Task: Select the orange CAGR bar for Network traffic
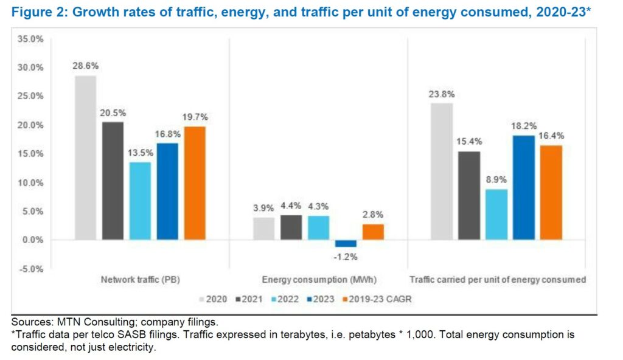(x=195, y=182)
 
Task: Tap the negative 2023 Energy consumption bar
(x=346, y=243)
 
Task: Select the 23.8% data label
(x=442, y=94)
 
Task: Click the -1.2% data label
(x=346, y=257)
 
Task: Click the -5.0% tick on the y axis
(x=30, y=269)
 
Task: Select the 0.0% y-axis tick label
(x=32, y=240)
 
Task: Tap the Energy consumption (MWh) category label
(x=319, y=280)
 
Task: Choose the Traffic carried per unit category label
(x=498, y=280)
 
